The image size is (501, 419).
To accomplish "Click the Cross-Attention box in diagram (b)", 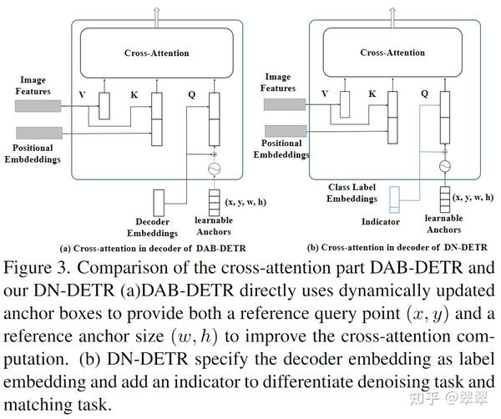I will tap(392, 52).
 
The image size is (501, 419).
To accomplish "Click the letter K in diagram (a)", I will tap(134, 94).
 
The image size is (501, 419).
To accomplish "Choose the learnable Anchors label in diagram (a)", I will tap(214, 225).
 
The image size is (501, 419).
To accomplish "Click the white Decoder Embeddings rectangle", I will tap(161, 200).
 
